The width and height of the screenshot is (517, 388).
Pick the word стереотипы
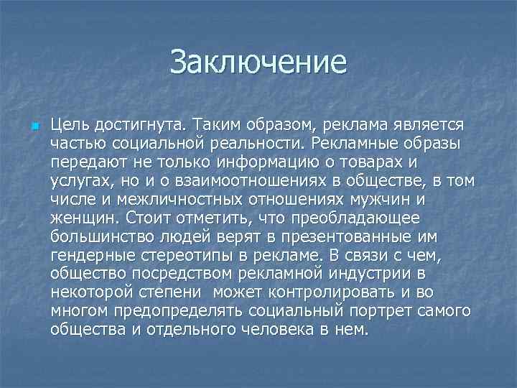pyautogui.click(x=191, y=255)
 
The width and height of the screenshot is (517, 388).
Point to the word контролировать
pyautogui.click(x=365, y=292)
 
